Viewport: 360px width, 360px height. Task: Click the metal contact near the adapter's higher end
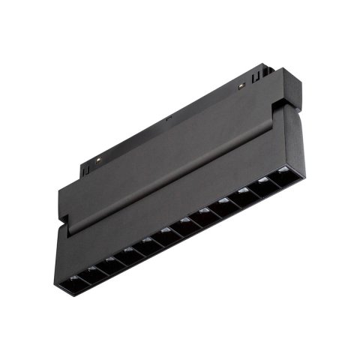[241, 86]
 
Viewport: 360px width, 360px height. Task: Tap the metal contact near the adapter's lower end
[99, 161]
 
